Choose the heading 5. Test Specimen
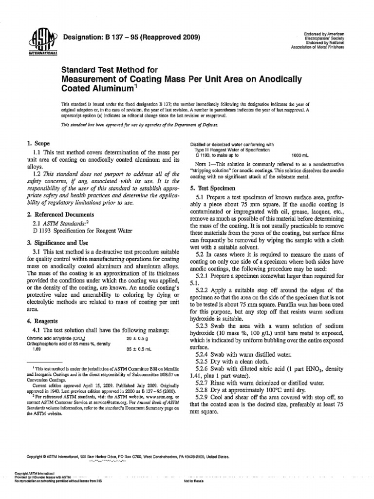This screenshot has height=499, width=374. [x=213, y=188]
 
